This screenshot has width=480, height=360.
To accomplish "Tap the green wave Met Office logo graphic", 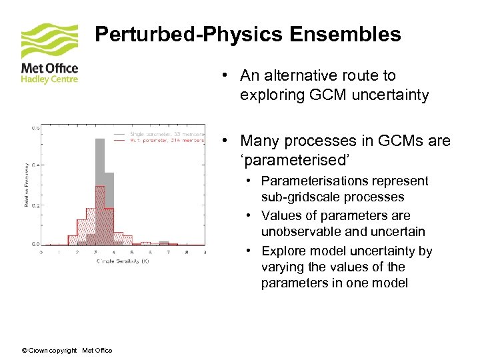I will [49, 41].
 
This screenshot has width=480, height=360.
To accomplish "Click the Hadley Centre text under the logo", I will [49, 79].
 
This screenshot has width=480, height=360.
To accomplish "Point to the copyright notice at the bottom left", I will [67, 351].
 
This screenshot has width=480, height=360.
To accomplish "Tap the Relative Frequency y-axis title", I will [27, 184].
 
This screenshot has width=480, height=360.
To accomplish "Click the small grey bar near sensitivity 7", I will [172, 243].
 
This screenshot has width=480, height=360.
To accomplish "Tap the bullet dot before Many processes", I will [227, 141].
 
